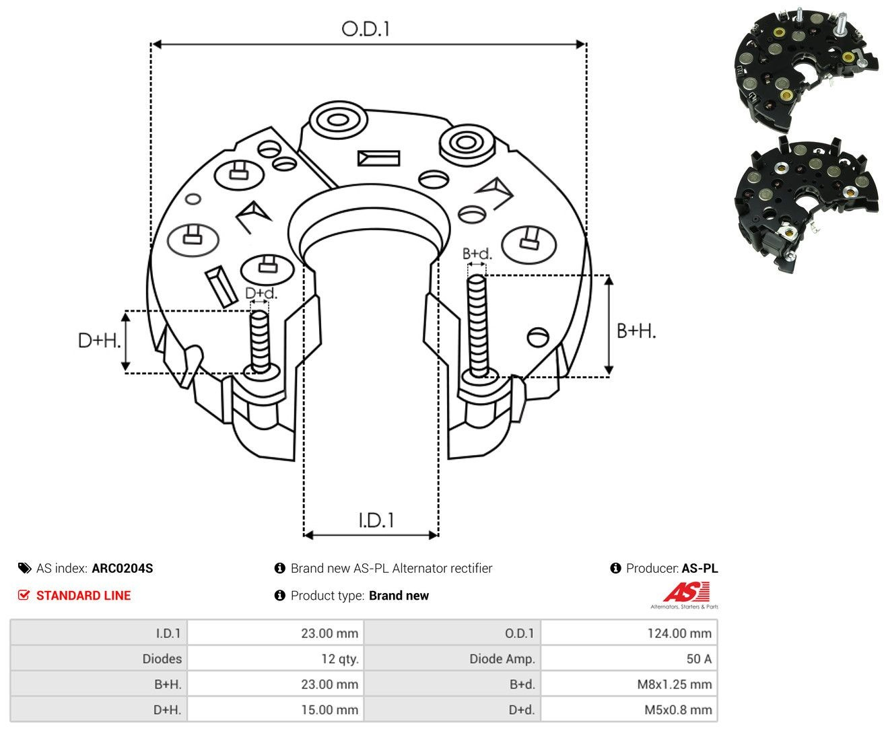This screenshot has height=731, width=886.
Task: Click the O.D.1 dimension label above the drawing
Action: pos(366,29)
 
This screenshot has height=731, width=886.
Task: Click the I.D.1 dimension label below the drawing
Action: pos(376,520)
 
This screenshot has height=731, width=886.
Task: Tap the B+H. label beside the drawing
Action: pos(636,330)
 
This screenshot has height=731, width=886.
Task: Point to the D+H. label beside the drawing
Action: pos(99,340)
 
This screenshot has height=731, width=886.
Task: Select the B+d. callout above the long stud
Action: pos(477,253)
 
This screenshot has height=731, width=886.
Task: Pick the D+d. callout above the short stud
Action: pos(261,293)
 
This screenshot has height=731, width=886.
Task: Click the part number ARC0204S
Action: pos(123,568)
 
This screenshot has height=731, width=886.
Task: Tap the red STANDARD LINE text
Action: pos(83,595)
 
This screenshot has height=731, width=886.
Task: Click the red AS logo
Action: pos(686,592)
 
